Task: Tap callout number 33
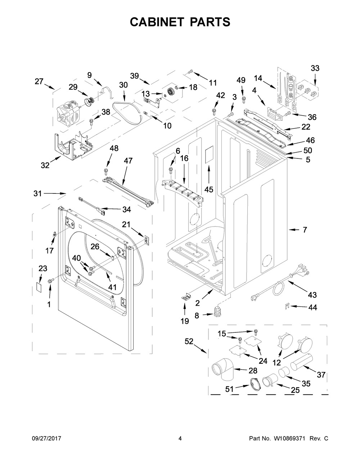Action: tap(315, 68)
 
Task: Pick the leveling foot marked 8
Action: tap(217, 312)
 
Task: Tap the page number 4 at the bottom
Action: tap(180, 439)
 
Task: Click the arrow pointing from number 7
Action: tap(294, 229)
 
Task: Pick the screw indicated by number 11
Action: tap(190, 72)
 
